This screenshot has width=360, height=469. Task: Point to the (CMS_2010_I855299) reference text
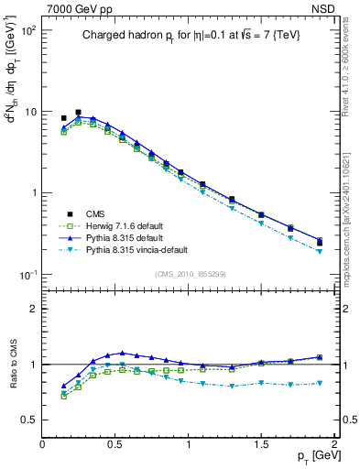point(189,274)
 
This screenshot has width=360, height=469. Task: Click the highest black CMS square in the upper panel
point(78,113)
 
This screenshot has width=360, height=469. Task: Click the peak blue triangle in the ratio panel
point(122,353)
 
